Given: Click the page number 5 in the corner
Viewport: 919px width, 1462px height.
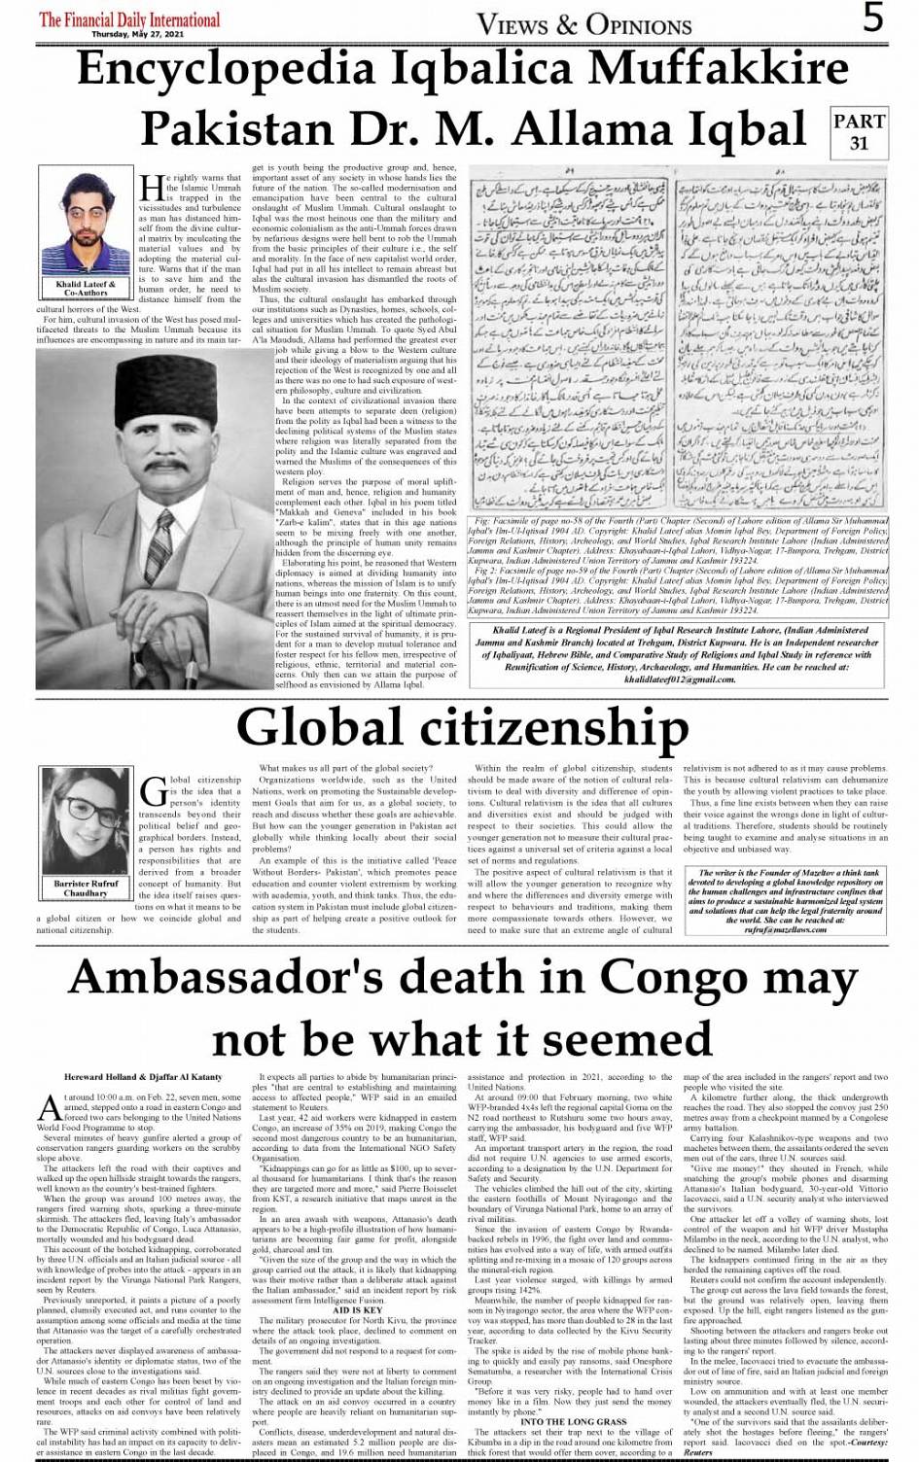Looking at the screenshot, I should click(873, 18).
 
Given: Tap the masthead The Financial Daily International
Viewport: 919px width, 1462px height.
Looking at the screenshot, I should click(129, 18).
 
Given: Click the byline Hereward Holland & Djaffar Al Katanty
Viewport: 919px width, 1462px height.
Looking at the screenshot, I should click(143, 1077).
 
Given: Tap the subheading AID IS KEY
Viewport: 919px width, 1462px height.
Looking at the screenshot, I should click(357, 1310).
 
